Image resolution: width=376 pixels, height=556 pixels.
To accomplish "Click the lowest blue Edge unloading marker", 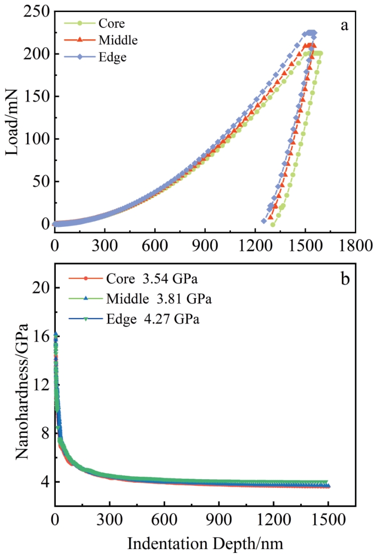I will tap(264, 221).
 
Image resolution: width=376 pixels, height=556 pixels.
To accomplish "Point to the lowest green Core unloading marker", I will tap(273, 224).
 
